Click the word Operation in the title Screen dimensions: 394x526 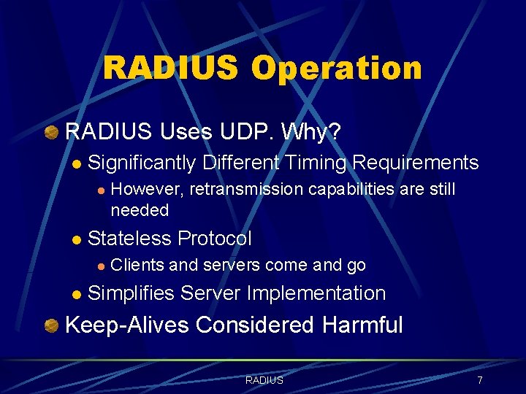pyautogui.click(x=337, y=69)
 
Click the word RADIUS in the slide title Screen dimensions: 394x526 pyautogui.click(x=170, y=69)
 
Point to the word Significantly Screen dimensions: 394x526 pyautogui.click(x=142, y=163)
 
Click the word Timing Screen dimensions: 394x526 pyautogui.click(x=314, y=163)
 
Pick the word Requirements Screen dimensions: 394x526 pyautogui.click(x=416, y=163)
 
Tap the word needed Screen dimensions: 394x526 pyautogui.click(x=140, y=210)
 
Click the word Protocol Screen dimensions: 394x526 pyautogui.click(x=215, y=239)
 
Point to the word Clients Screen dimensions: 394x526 pyautogui.click(x=137, y=266)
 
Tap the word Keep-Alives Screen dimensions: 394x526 pyautogui.click(x=126, y=325)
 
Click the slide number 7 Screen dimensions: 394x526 pyautogui.click(x=479, y=380)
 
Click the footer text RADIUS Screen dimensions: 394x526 pyautogui.click(x=264, y=380)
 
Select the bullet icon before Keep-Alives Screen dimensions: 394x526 pyautogui.click(x=52, y=325)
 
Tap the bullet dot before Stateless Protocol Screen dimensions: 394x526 pyautogui.click(x=77, y=239)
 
